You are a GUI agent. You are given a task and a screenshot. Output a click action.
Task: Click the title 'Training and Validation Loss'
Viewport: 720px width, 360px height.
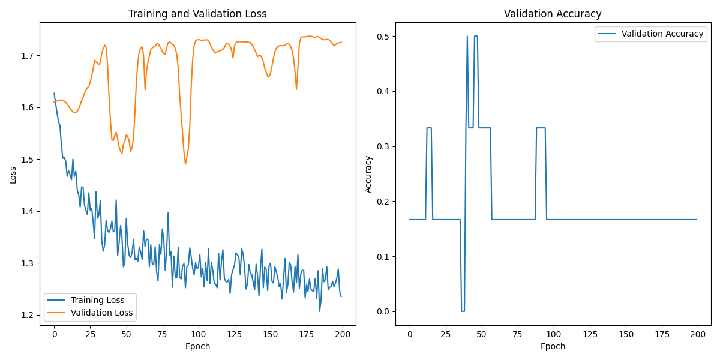coord(197,14)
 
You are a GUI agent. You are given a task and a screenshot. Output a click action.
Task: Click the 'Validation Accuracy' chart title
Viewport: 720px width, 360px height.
coord(553,14)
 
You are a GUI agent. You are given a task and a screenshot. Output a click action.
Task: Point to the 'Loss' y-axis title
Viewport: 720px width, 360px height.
coord(13,175)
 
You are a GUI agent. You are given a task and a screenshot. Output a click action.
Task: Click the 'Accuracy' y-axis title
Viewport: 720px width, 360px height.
coord(368,174)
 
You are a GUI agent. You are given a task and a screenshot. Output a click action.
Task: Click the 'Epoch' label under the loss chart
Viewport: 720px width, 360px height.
coord(197,346)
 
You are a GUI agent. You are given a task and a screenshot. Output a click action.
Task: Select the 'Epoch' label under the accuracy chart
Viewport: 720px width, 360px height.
coord(553,346)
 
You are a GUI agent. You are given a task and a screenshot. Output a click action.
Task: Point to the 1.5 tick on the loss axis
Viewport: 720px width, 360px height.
coord(28,160)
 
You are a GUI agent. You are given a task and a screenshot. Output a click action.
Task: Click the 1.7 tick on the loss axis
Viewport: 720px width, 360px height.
coord(28,56)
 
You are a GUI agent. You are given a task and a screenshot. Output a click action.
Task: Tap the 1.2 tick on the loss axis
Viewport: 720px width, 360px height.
coord(28,315)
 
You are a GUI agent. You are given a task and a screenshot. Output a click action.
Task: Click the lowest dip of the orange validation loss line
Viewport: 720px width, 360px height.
coord(185,164)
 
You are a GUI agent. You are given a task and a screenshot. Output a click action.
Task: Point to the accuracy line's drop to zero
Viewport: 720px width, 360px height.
coord(463,311)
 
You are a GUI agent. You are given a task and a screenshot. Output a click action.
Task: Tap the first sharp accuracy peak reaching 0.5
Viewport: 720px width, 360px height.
coord(467,37)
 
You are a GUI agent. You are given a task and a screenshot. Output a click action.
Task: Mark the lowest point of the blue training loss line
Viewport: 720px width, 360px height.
coord(319,311)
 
